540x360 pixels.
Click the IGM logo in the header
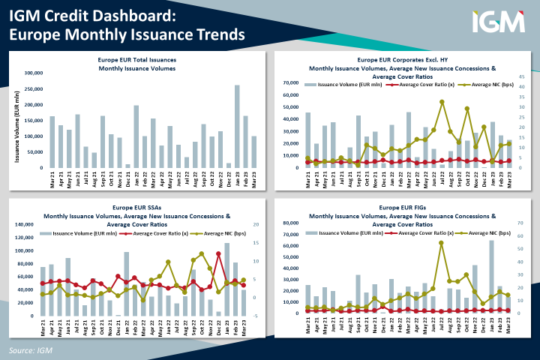pyautogui.click(x=498, y=22)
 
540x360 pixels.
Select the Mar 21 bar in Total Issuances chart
pyautogui.click(x=52, y=142)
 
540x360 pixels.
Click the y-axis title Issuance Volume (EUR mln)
pyautogui.click(x=17, y=120)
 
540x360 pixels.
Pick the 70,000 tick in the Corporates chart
pyautogui.click(x=290, y=82)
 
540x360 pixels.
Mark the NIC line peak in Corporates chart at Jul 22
pyautogui.click(x=442, y=101)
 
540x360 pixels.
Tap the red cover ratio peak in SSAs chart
pyautogui.click(x=218, y=253)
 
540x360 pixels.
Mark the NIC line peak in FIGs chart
pyautogui.click(x=441, y=243)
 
